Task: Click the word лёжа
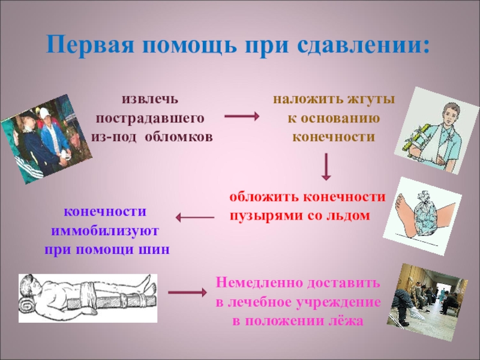tap(347, 320)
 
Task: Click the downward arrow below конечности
tap(326, 167)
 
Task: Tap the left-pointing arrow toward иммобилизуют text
tap(195, 217)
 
